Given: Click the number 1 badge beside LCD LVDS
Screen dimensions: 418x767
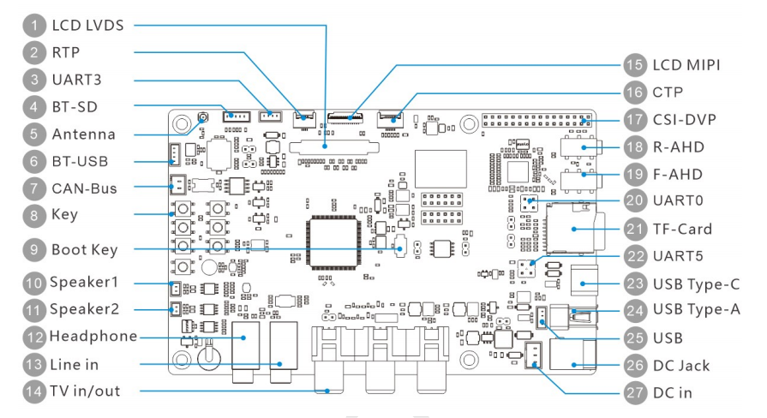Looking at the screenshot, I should pos(32,25).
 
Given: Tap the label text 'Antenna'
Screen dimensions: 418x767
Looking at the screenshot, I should pos(83,134).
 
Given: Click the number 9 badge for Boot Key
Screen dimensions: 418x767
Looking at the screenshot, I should pos(32,250).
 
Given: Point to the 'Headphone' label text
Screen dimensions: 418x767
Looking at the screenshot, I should pos(93,336).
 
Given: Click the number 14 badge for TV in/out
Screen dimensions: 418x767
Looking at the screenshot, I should pos(32,392).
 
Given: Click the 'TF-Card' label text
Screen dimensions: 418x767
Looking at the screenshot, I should pos(688,230).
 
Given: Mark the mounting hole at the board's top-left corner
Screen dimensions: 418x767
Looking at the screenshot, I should pos(181,125).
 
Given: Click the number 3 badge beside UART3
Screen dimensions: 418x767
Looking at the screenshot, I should pos(32,80).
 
